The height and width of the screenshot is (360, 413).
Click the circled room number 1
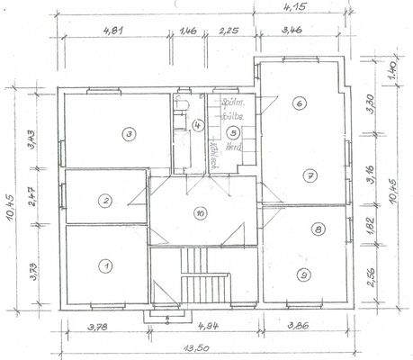(105, 265)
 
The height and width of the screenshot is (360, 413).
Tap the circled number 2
(105, 201)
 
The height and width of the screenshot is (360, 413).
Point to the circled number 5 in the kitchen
(232, 130)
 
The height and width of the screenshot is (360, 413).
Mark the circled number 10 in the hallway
(200, 213)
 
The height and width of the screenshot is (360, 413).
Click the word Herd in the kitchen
(234, 146)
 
